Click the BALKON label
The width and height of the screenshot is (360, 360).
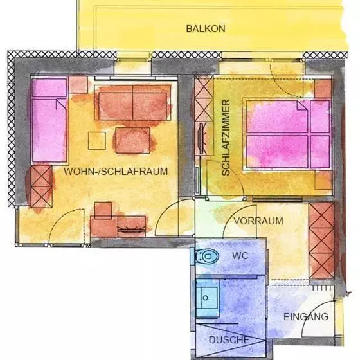click(206, 29)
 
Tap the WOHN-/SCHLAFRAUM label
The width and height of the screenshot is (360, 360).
click(116, 172)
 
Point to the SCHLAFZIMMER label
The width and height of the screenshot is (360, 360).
click(226, 138)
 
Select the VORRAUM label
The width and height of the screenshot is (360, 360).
click(258, 221)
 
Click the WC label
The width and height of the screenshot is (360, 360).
click(240, 256)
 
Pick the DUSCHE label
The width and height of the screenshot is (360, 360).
click(229, 340)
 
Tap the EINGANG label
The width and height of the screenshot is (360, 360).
click(306, 317)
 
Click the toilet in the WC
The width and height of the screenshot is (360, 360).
click(207, 256)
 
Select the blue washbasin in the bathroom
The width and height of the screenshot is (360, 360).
click(207, 298)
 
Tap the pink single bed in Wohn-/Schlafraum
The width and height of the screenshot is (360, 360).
click(50, 120)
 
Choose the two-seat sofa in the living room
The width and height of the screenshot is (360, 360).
click(132, 103)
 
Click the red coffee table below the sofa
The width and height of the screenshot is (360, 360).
click(132, 140)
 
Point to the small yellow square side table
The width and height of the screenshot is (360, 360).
click(97, 141)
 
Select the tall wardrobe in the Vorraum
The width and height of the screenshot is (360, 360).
click(321, 240)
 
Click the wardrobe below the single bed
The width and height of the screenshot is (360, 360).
click(41, 186)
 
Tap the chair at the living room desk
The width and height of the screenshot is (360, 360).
click(103, 210)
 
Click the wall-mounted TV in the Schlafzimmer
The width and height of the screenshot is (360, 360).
click(201, 138)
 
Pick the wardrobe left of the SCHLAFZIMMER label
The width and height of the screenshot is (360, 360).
click(204, 99)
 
